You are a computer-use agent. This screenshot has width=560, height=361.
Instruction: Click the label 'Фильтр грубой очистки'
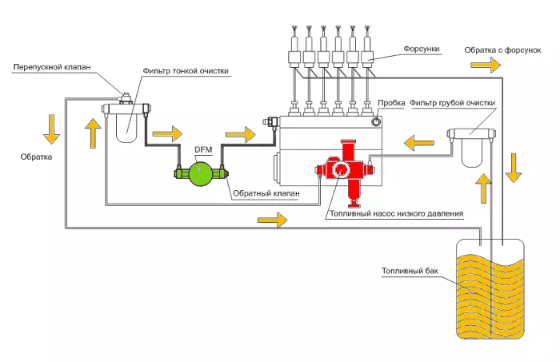coord(453,103)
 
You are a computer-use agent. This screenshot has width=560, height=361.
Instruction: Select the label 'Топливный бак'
coord(410,272)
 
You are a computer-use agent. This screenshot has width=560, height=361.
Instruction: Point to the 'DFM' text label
coord(203,149)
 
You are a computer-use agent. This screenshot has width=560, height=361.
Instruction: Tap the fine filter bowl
coord(127,128)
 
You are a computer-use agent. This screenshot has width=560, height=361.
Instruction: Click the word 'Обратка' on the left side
coord(36,157)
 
